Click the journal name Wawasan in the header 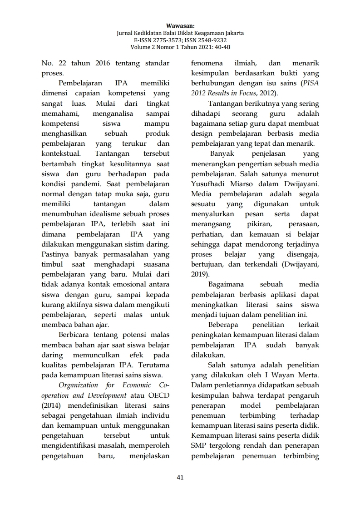[180, 26]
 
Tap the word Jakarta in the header [232, 33]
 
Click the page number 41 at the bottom [180, 477]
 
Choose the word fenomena [207, 63]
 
